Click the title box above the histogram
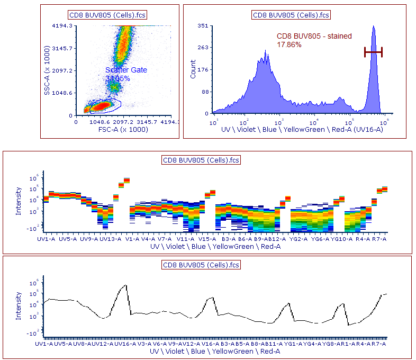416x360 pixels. click(291, 15)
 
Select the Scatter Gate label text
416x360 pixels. click(126, 70)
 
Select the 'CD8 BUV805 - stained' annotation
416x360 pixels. click(314, 37)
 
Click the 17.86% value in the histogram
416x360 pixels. click(290, 45)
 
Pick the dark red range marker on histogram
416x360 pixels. click(373, 51)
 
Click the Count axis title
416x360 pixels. click(193, 69)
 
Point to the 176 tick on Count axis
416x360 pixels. click(204, 69)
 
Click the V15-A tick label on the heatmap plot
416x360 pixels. click(207, 239)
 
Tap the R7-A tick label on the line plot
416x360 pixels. click(379, 344)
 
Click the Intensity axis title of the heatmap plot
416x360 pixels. click(19, 201)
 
